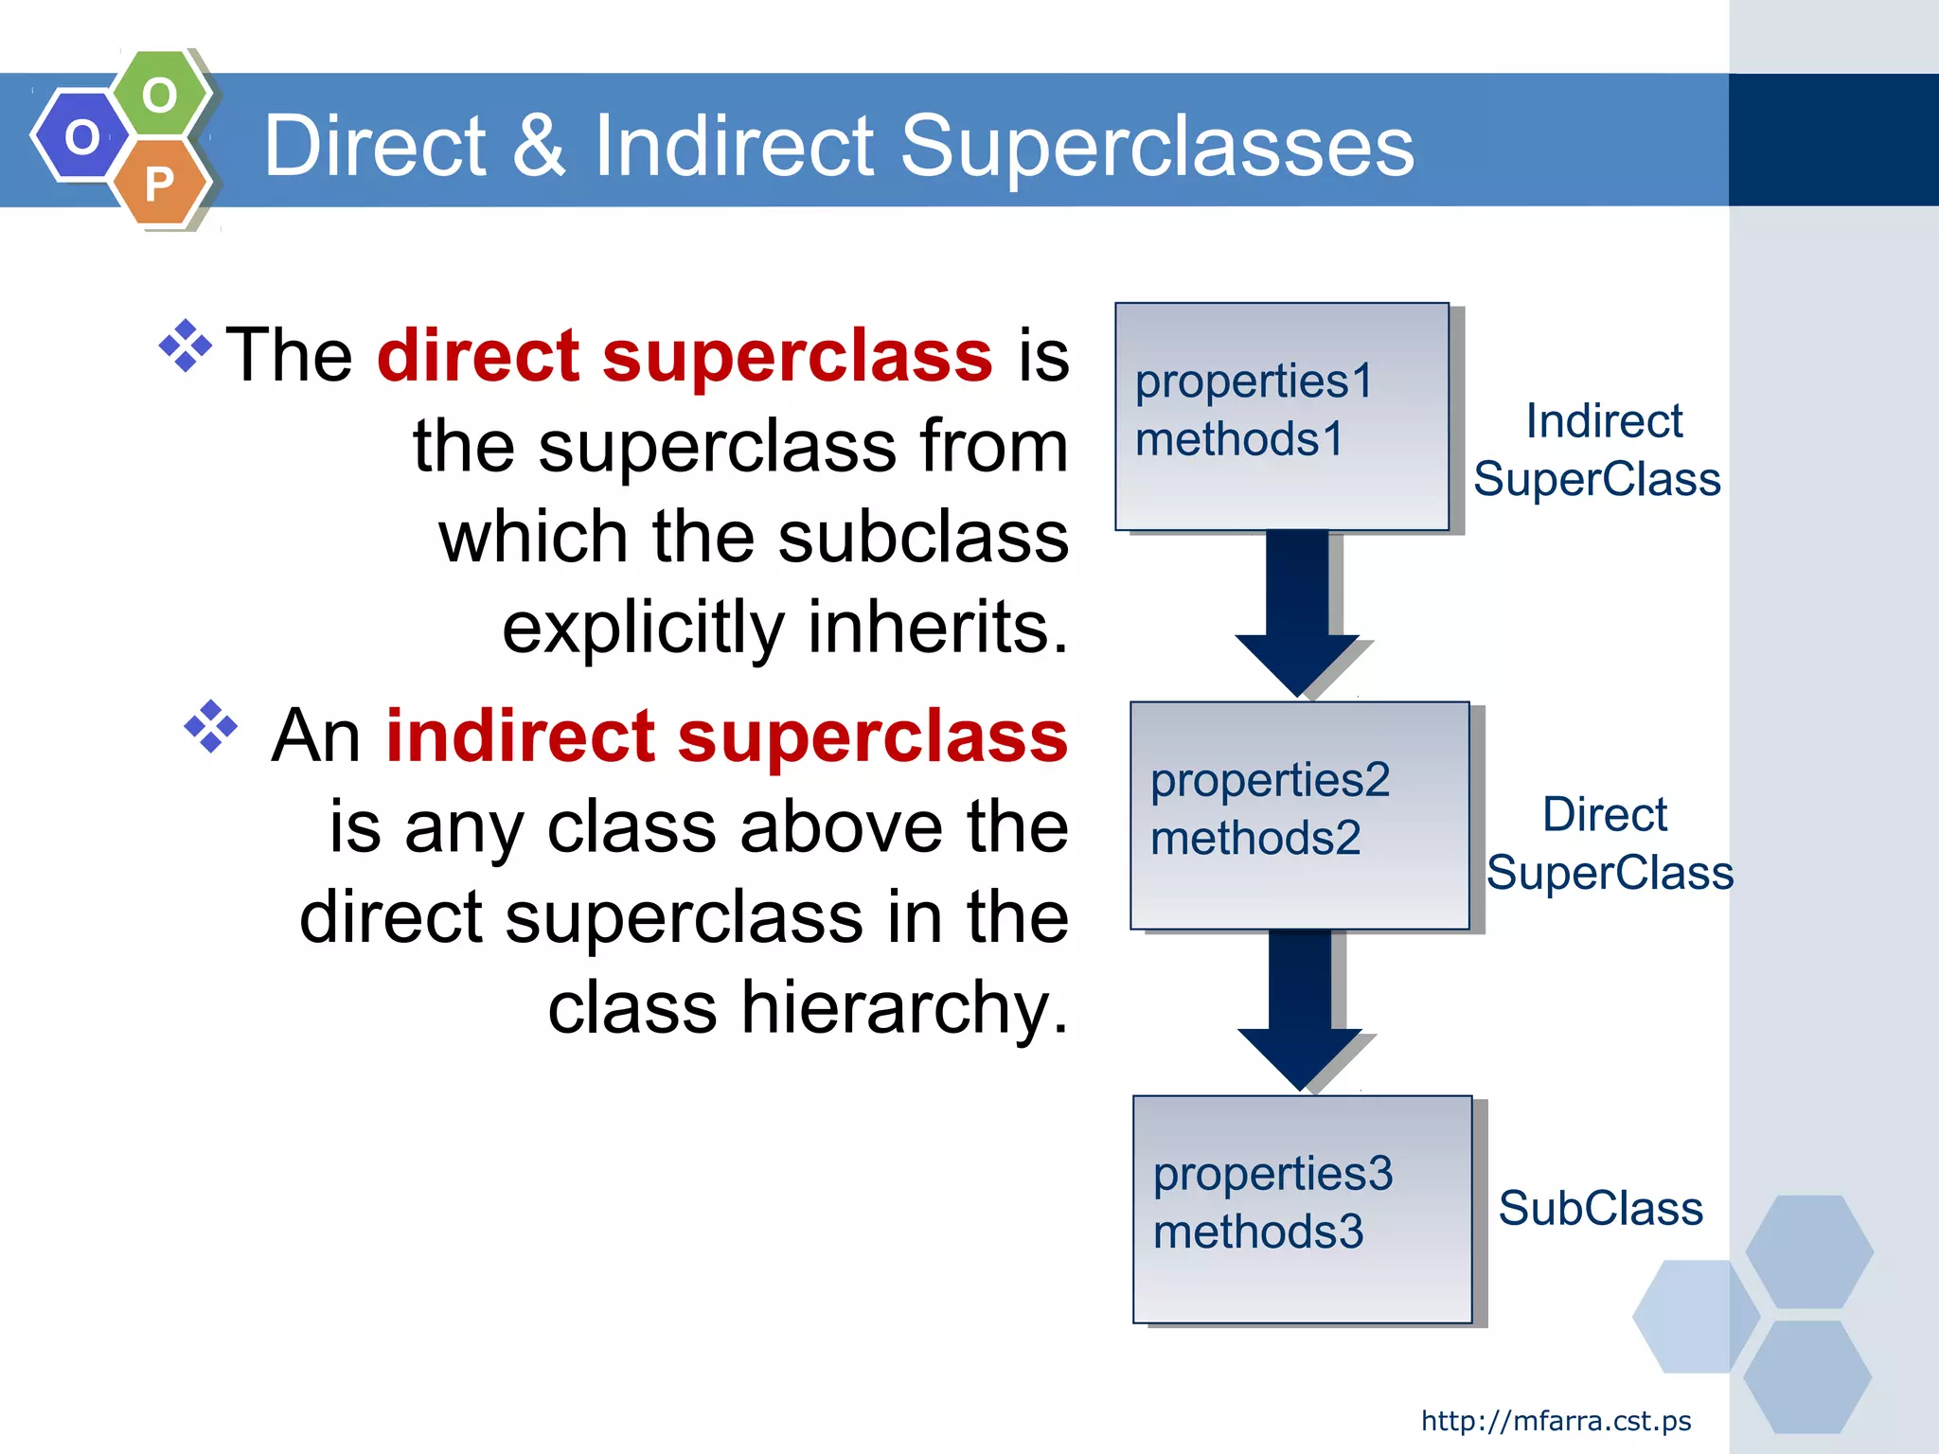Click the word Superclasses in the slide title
[1156, 146]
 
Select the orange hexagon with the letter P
[160, 183]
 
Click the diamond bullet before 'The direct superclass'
[186, 346]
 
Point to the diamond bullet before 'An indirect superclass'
[210, 727]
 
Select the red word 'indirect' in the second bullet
[520, 736]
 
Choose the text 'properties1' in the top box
[1254, 381]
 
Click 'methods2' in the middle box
[1255, 839]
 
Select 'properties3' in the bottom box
[1272, 1174]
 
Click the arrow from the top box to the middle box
[1297, 612]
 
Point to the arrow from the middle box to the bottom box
[1300, 1007]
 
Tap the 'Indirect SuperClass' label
[1598, 450]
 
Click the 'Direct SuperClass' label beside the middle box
[1609, 843]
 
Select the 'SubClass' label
[1600, 1209]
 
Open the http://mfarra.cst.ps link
[1556, 1421]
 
